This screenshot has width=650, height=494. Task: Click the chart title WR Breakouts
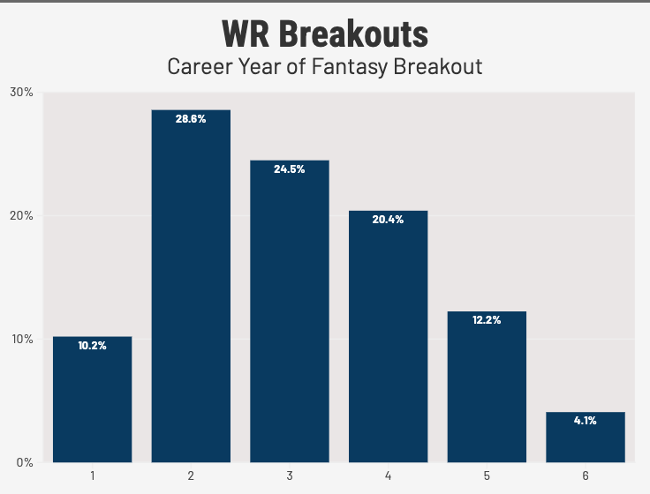[324, 34]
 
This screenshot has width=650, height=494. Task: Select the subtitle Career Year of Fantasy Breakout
[324, 66]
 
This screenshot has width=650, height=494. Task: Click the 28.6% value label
[191, 119]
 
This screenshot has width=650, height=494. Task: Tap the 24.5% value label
[290, 169]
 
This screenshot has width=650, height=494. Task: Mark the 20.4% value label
[388, 220]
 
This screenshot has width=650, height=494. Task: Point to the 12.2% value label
[487, 320]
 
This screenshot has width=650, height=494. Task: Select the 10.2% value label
[92, 346]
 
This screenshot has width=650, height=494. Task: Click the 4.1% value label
[586, 421]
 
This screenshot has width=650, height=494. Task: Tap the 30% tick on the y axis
[21, 92]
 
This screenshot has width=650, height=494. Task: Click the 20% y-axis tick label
[21, 215]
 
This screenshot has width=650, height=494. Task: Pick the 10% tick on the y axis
[21, 339]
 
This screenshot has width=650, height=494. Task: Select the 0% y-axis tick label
[24, 462]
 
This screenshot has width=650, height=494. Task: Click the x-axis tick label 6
[586, 475]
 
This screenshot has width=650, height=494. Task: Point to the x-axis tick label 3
[290, 475]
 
